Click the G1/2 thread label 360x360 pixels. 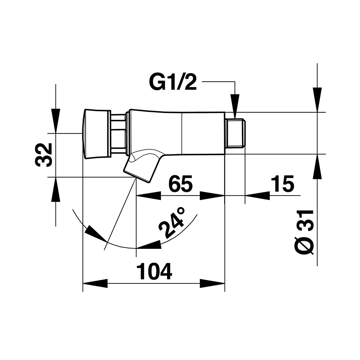point(173,82)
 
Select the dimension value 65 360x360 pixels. point(181,184)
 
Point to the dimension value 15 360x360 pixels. point(283,184)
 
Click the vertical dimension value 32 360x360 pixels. point(44,155)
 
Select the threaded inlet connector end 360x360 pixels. point(235,133)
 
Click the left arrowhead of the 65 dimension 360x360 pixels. point(148,195)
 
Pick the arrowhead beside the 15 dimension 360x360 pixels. point(257,195)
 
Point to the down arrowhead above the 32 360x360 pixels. point(55,121)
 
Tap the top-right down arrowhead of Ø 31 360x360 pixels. point(317,100)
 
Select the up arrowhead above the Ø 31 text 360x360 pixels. point(317,167)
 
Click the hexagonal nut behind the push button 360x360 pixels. point(118,134)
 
